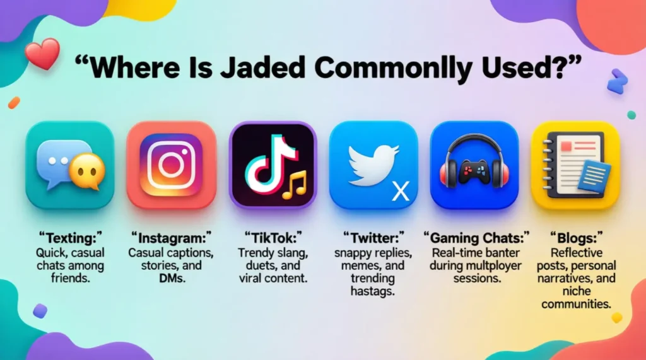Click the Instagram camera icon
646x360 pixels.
171,165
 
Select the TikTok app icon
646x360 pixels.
273,165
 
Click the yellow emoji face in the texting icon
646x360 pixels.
86,172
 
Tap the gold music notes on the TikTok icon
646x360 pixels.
294,185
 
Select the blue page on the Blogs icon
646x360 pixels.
594,177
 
